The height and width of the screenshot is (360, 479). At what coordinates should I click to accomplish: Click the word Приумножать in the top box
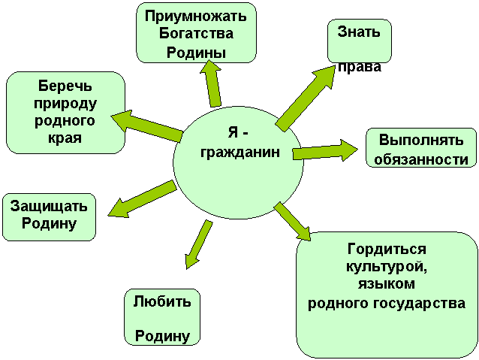pos(195,17)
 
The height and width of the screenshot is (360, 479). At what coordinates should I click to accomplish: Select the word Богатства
pos(196,33)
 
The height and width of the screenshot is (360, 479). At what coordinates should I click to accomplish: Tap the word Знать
pos(359,32)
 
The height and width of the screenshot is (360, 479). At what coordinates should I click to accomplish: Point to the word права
pos(360,67)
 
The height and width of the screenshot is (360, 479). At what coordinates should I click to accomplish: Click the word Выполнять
pos(421,140)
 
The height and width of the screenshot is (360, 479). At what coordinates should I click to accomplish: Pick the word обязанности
pos(421,159)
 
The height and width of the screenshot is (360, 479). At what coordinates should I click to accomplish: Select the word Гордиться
pos(387,249)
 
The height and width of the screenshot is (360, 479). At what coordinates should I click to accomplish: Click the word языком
pos(387,284)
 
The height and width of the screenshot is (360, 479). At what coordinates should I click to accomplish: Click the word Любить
pos(162,301)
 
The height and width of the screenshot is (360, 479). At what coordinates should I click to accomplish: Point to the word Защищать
pos(49,206)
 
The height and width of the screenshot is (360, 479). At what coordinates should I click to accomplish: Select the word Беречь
pos(65,86)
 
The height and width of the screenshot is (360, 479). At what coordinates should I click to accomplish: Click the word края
pos(65,138)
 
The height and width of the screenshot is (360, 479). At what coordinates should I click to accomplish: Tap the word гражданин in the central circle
pos(240,152)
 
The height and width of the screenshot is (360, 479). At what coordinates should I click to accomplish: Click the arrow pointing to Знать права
pos(306,98)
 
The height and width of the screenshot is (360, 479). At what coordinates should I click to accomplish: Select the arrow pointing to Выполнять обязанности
pos(325,151)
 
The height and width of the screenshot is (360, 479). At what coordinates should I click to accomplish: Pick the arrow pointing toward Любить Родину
pos(198,244)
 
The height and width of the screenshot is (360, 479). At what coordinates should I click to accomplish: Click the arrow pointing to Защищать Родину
pos(143,199)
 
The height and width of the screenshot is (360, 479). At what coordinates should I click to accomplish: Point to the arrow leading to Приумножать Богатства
pos(211,83)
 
